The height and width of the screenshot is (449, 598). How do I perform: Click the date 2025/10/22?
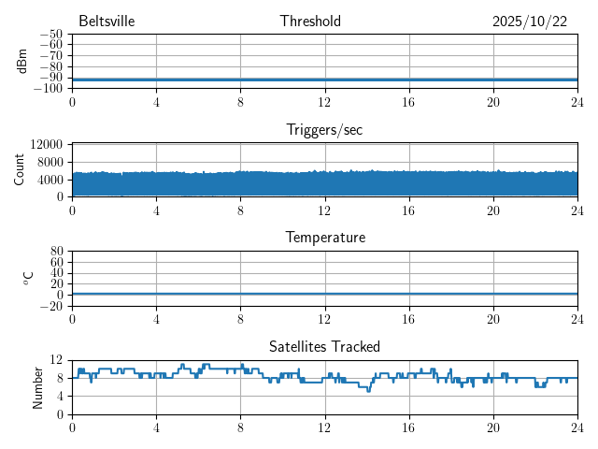(x=530, y=22)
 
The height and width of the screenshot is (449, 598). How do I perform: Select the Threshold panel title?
(x=310, y=22)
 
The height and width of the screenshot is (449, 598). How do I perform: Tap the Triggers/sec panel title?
(x=324, y=130)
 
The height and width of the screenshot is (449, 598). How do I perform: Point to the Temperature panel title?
(x=324, y=238)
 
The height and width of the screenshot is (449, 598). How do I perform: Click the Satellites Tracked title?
(x=324, y=346)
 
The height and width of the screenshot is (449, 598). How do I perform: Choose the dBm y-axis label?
(x=21, y=61)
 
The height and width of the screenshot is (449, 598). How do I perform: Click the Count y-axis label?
(x=20, y=169)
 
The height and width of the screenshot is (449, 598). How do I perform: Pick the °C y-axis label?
(x=28, y=278)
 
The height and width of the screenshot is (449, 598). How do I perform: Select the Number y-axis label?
(x=38, y=386)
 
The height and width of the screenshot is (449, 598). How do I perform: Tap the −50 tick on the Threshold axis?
(x=50, y=35)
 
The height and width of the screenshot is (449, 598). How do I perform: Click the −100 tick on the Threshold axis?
(x=48, y=88)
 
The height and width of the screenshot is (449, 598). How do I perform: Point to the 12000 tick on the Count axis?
(x=46, y=144)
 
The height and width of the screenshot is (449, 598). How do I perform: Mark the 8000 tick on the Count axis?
(x=49, y=162)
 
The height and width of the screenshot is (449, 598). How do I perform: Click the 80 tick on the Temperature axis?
(x=56, y=252)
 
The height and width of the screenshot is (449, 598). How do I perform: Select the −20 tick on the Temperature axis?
(x=50, y=306)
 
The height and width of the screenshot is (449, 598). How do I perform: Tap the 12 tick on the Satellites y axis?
(x=56, y=360)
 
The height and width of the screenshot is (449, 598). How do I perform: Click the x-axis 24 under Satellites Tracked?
(x=577, y=427)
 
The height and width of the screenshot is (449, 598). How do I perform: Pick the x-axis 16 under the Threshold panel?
(x=408, y=102)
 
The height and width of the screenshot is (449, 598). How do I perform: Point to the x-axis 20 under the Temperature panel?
(x=492, y=319)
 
